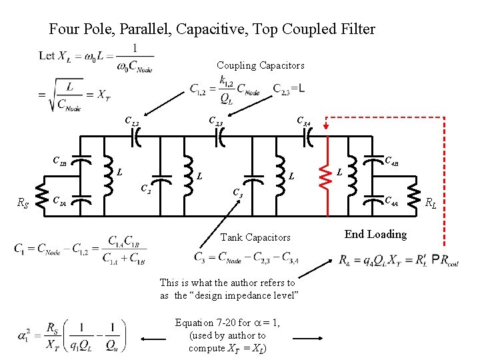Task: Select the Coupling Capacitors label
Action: point(260,65)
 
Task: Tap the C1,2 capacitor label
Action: point(133,121)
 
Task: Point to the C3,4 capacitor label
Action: point(303,121)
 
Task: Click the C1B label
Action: point(60,160)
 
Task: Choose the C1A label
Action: point(59,199)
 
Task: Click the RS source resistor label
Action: point(23,203)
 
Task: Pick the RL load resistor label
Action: point(432,203)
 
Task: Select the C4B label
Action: point(392,160)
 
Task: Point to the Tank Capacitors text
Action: point(255,237)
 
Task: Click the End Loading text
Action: point(375,234)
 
